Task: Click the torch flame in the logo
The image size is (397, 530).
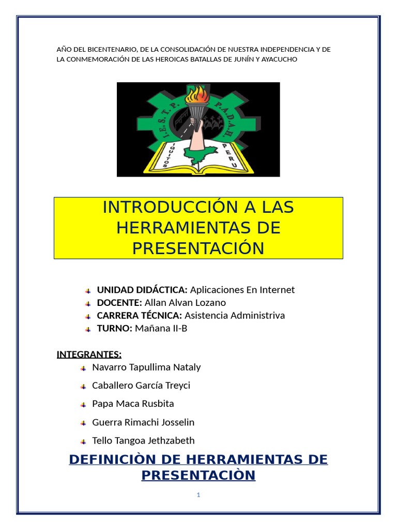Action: click(198, 95)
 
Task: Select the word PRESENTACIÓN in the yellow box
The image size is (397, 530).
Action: click(198, 248)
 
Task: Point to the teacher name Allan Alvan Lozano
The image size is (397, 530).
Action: click(185, 303)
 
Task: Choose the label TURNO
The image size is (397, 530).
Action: click(115, 328)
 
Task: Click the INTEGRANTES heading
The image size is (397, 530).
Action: click(89, 355)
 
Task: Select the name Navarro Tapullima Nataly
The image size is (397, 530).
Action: click(146, 367)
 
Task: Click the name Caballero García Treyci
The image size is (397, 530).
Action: click(141, 386)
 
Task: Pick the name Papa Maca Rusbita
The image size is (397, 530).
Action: click(133, 404)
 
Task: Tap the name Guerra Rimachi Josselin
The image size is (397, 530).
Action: click(143, 422)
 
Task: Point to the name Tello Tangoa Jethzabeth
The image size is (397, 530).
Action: click(143, 441)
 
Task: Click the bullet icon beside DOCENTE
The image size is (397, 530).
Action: click(88, 303)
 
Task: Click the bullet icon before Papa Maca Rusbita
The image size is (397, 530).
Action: click(83, 405)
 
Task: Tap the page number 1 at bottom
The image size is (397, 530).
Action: click(198, 495)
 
